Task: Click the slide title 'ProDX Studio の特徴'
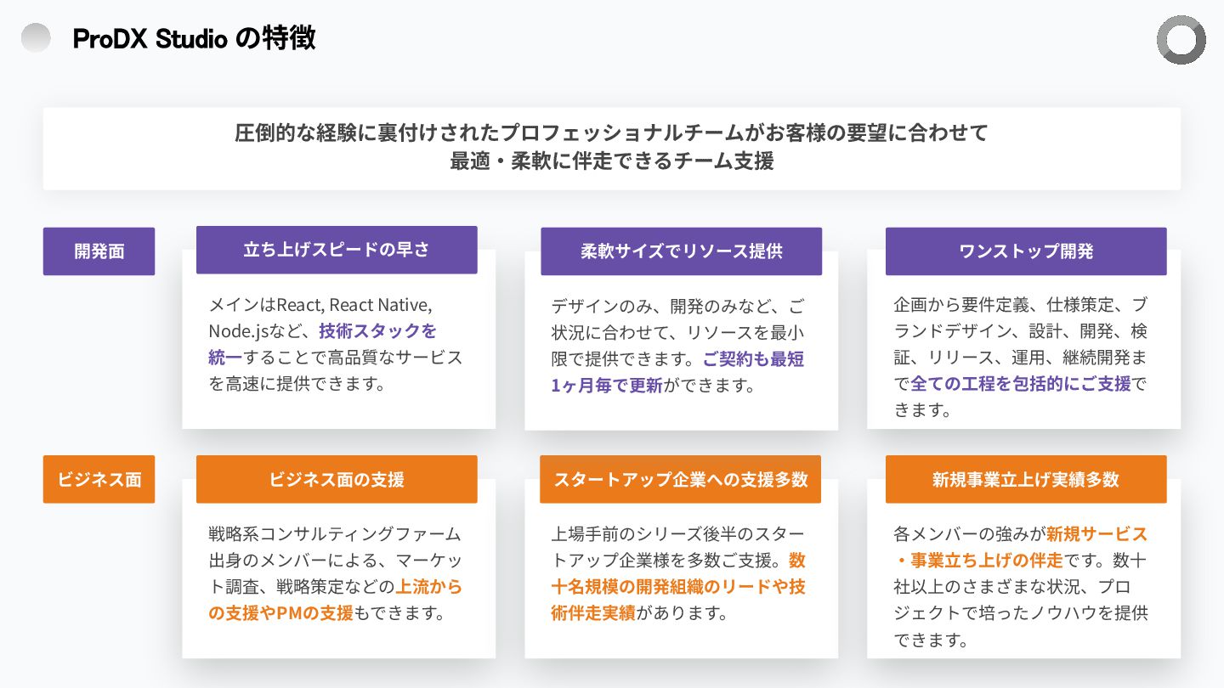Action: click(x=194, y=38)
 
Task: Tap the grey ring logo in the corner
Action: click(x=1181, y=40)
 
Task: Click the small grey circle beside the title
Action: click(x=36, y=37)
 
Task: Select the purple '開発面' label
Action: click(x=99, y=251)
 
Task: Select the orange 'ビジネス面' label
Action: click(x=99, y=479)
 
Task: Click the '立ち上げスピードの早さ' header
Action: click(x=337, y=250)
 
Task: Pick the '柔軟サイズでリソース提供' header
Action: click(x=681, y=251)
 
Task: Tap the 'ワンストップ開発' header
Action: click(x=1026, y=251)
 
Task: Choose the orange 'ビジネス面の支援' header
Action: click(x=337, y=479)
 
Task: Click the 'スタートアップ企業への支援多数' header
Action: click(x=680, y=479)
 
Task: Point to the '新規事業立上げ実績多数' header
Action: click(x=1026, y=479)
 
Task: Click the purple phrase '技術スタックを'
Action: click(x=377, y=331)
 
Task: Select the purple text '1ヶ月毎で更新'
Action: click(x=607, y=385)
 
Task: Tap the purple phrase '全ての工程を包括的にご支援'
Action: click(x=1021, y=384)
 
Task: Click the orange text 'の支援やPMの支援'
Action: click(x=280, y=612)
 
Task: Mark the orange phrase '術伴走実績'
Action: click(x=593, y=612)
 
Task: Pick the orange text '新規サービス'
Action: click(x=1096, y=534)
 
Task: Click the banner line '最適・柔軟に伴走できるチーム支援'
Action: click(x=612, y=161)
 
